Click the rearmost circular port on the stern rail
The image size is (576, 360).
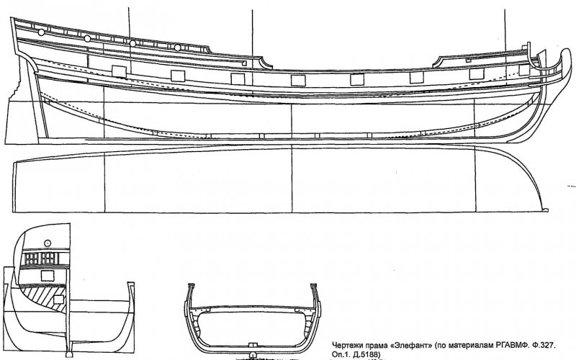pos(41,32)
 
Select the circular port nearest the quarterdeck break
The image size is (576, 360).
pos(177,48)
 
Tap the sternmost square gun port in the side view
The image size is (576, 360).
pos(119,71)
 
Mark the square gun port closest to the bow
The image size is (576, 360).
pos(525,70)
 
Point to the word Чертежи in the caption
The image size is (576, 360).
pos(346,346)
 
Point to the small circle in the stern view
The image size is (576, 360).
pos(47,243)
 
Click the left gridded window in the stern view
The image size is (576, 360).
pos(32,258)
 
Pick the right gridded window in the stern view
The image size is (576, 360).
pos(48,258)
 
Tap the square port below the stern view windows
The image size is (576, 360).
pos(48,276)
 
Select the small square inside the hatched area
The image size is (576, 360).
pos(59,300)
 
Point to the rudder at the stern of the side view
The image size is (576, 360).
pos(23,107)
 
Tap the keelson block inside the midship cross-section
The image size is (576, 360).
pos(252,345)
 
